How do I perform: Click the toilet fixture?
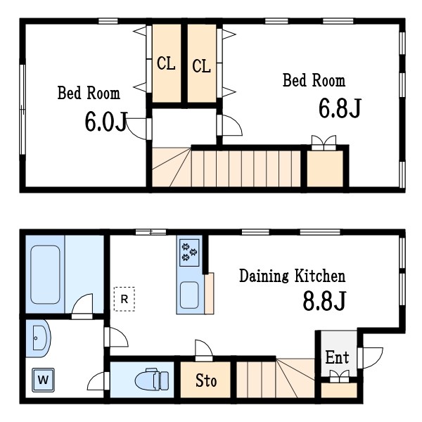(x=152, y=379)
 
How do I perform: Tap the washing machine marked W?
(x=44, y=380)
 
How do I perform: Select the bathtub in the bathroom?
(x=45, y=274)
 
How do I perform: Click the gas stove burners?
(x=189, y=252)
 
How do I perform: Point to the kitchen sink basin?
(x=189, y=295)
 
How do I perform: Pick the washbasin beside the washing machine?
(x=38, y=338)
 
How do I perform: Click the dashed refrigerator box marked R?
(x=124, y=299)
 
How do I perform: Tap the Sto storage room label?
(x=206, y=381)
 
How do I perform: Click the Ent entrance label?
(x=337, y=357)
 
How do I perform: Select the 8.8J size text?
(x=324, y=301)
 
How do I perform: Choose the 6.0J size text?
(x=105, y=122)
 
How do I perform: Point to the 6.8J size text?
(x=340, y=108)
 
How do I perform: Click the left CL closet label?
(x=166, y=63)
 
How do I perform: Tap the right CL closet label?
(x=201, y=66)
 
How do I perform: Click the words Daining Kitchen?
(x=293, y=276)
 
